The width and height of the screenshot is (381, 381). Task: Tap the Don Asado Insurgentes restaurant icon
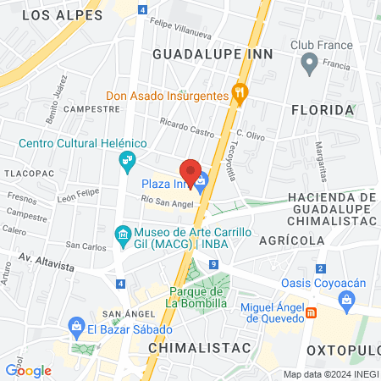click(240, 96)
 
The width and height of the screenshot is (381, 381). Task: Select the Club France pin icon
click(310, 62)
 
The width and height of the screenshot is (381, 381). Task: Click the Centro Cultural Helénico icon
click(127, 158)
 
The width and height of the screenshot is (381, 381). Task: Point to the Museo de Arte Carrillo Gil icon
click(123, 233)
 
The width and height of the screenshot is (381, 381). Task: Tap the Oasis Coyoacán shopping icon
click(346, 298)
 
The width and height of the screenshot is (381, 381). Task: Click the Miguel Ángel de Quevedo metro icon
click(312, 312)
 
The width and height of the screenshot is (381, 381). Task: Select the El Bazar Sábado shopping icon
click(76, 326)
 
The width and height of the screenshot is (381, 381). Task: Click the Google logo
click(28, 370)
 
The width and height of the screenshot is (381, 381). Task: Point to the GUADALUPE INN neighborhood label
click(213, 52)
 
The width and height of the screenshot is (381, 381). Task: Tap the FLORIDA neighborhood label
click(322, 110)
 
